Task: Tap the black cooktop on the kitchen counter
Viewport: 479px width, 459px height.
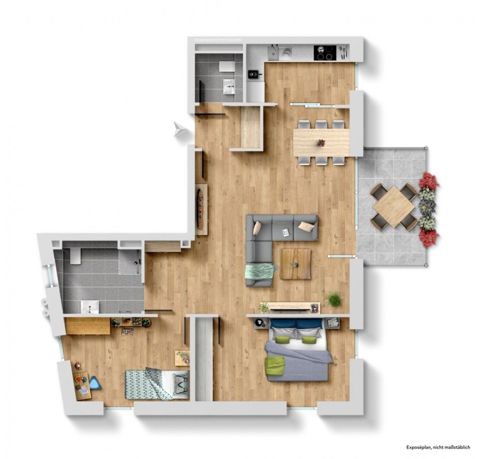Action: pyautogui.click(x=324, y=53)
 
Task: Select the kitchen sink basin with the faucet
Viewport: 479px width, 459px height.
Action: pyautogui.click(x=285, y=53)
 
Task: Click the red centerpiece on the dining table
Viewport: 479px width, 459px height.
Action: pyautogui.click(x=321, y=142)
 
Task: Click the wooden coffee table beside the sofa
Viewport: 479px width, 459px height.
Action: pyautogui.click(x=295, y=264)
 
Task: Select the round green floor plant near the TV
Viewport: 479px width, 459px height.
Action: pyautogui.click(x=334, y=299)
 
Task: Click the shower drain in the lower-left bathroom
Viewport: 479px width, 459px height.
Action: pyautogui.click(x=138, y=263)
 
